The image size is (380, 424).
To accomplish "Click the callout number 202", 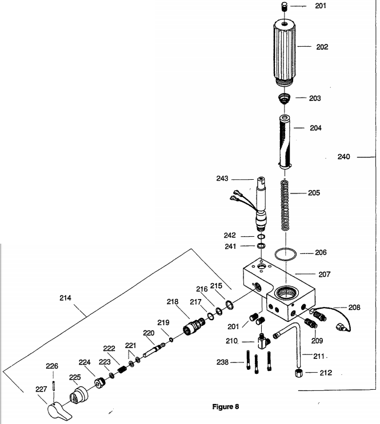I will (x=322, y=47).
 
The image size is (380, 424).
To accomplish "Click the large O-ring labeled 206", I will (x=284, y=253).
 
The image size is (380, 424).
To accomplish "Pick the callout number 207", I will (x=324, y=274).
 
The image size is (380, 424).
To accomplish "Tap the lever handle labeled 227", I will (x=55, y=409).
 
